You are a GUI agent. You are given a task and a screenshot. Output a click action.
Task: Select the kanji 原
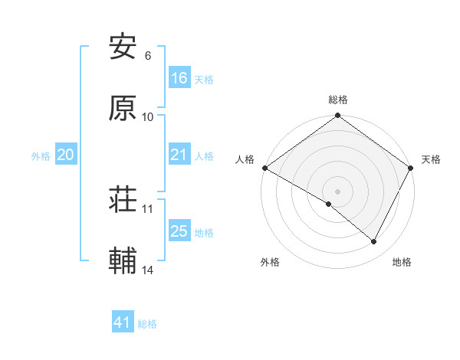coord(123,108)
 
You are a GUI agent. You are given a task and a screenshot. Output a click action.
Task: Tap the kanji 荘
coord(123,201)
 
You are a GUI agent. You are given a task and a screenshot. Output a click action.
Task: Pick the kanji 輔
coord(123,262)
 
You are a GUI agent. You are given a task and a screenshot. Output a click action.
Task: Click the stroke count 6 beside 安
coord(148,56)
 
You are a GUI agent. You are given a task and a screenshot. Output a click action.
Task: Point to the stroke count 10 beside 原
coord(148,117)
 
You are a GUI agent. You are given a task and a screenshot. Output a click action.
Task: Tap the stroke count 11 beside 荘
coord(148,208)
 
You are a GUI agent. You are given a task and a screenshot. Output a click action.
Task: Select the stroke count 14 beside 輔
coord(148,270)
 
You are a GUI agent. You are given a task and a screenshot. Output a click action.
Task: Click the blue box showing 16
coord(179,78)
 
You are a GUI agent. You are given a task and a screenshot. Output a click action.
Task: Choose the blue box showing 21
coord(179,155)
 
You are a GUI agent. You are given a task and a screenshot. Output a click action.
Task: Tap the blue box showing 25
coord(179,231)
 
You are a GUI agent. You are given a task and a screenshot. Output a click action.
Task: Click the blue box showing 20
coord(66,155)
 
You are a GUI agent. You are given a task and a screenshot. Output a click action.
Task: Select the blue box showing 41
coord(123,323)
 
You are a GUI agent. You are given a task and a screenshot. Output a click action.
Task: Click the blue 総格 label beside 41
coord(147,324)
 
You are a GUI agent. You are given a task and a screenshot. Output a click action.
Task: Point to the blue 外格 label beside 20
coord(41,156)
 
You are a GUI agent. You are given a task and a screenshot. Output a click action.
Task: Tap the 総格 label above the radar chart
coord(338,100)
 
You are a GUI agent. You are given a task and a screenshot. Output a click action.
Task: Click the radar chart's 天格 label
coord(432,159)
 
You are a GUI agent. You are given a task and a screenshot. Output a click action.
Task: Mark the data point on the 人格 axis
coord(264,168)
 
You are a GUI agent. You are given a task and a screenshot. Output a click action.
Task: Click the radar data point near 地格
coord(374,242)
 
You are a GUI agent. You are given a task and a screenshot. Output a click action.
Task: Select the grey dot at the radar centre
coord(338,191)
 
